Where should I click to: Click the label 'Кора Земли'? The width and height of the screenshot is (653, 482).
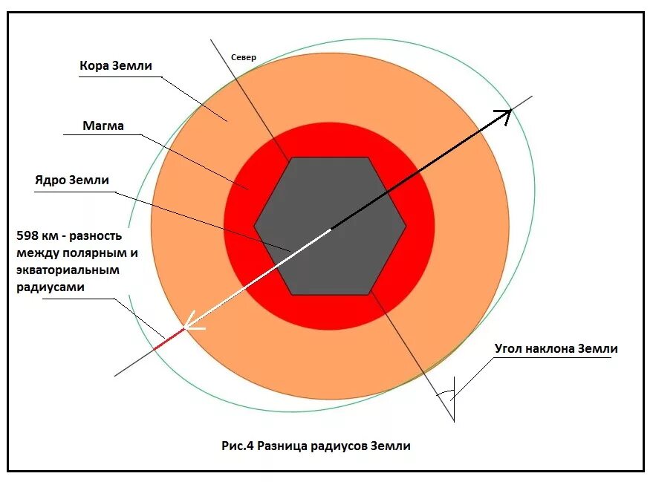tap(116, 65)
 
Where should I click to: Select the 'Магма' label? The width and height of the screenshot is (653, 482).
tap(103, 126)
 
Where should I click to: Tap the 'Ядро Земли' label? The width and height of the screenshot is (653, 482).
tap(72, 180)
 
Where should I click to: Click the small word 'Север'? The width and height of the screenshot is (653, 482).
tap(244, 57)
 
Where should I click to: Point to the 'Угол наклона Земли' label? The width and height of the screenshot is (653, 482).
tap(556, 348)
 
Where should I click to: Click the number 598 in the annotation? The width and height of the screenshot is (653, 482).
tap(28, 236)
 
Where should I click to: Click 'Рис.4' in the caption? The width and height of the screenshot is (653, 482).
tap(238, 446)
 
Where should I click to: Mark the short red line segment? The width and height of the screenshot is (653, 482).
tap(169, 338)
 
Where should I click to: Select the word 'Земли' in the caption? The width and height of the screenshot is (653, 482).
tap(392, 446)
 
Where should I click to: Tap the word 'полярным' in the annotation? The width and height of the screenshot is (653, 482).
tap(90, 253)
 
